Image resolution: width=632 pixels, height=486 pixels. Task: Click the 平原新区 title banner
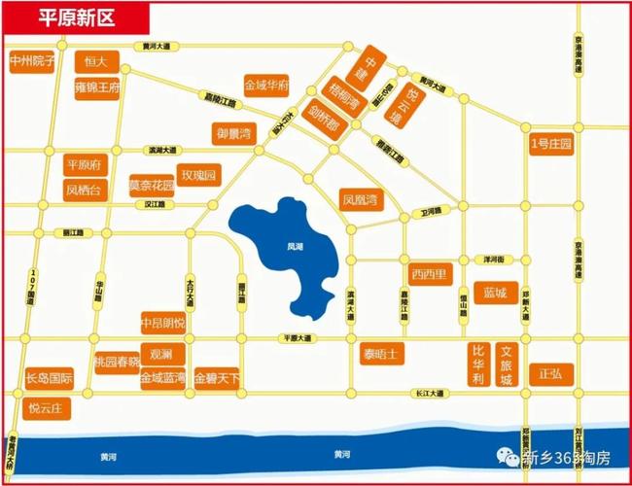click(76, 16)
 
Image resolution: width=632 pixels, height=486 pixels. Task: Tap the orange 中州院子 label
click(32, 60)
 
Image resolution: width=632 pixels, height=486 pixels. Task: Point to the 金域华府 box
click(266, 86)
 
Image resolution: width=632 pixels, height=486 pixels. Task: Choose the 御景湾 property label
click(233, 132)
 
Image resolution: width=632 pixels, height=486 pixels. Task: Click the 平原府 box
click(84, 163)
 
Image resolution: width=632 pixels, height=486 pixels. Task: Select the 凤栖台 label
click(84, 190)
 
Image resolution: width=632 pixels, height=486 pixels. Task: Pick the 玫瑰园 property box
click(200, 174)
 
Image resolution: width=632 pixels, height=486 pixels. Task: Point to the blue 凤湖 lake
click(293, 253)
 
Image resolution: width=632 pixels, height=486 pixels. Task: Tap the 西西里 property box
click(429, 273)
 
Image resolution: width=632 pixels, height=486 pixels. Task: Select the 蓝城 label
click(494, 293)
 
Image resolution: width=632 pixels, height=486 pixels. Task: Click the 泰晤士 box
click(380, 352)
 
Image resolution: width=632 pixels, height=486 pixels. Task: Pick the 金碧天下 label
click(217, 377)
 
